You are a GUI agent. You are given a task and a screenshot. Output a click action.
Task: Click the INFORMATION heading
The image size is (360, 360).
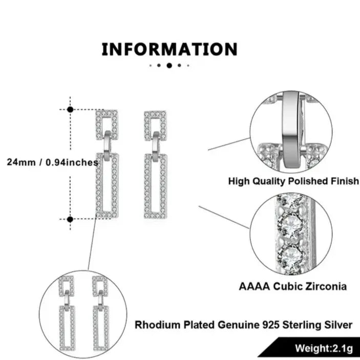[170, 50]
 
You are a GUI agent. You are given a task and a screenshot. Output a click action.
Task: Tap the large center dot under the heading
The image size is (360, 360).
[170, 66]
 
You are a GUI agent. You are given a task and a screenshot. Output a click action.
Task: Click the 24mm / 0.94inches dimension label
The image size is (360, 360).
[52, 162]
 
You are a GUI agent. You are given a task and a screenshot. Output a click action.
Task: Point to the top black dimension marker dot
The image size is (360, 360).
[70, 109]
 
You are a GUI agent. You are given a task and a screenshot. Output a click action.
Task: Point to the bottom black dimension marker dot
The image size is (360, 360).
[70, 219]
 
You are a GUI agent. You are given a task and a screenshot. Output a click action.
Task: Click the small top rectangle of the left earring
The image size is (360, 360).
[107, 125]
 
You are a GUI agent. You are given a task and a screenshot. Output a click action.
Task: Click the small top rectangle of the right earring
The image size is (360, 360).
[156, 125]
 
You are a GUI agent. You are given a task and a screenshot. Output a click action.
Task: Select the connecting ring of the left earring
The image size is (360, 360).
[108, 145]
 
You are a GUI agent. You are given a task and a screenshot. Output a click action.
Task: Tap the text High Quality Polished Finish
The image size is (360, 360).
[293, 181]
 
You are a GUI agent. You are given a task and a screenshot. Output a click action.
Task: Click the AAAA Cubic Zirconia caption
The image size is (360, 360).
[292, 286]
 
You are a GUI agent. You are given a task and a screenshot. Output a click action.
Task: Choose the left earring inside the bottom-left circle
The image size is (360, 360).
[67, 313]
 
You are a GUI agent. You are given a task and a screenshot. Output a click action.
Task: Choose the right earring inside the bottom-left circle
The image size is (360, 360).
[99, 313]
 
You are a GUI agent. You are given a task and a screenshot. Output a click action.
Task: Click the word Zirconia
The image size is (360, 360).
[323, 286]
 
